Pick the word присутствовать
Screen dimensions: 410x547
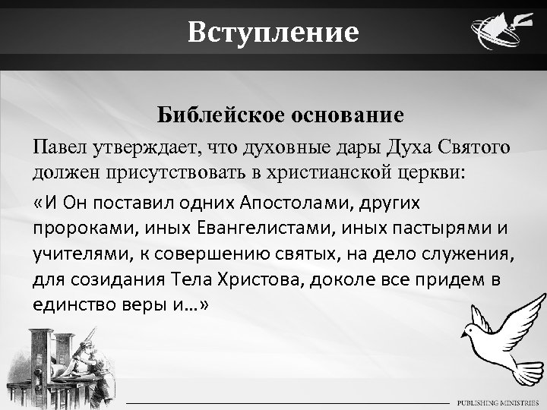[x=157, y=171]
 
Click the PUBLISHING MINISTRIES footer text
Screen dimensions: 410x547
[x=495, y=401]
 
